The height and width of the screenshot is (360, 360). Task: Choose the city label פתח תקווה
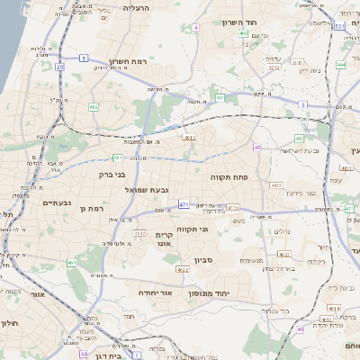pos(229,178)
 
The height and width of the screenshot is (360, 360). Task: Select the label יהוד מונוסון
pos(208,293)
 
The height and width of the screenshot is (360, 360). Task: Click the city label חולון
pos(9,322)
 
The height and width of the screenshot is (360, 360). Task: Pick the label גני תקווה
pos(193,229)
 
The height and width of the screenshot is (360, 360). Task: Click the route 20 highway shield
pos(60,67)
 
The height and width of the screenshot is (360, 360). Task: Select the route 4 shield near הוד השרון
pos(195,28)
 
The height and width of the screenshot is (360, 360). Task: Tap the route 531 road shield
pos(338,26)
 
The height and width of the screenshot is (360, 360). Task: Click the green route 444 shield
pos(341,65)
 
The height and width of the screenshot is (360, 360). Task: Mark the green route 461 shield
pos(71,264)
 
